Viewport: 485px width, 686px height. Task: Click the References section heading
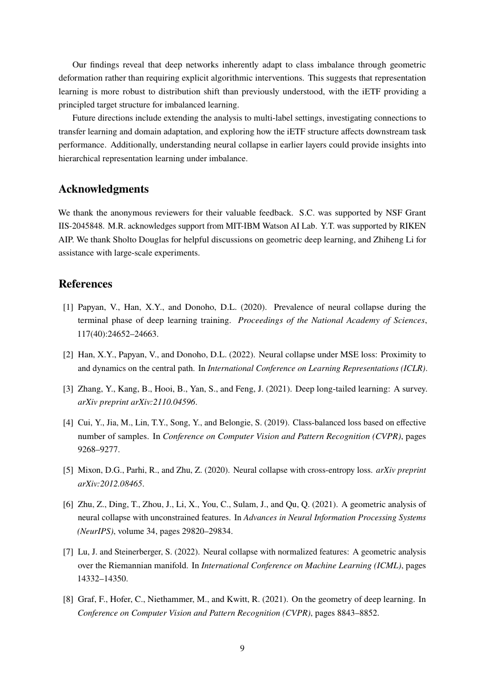tap(86, 284)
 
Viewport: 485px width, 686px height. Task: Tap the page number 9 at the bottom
tap(242, 648)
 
